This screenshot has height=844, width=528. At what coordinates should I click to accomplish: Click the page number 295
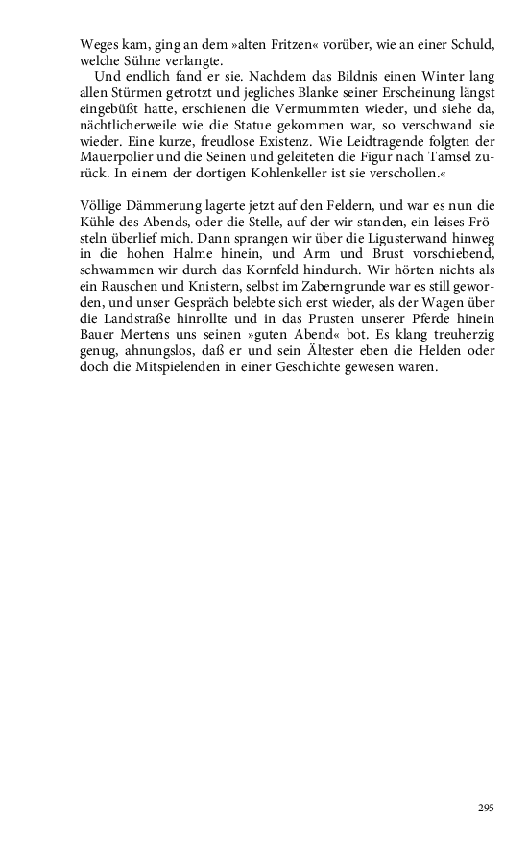(x=486, y=809)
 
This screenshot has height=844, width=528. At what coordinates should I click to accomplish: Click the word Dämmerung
(x=163, y=204)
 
